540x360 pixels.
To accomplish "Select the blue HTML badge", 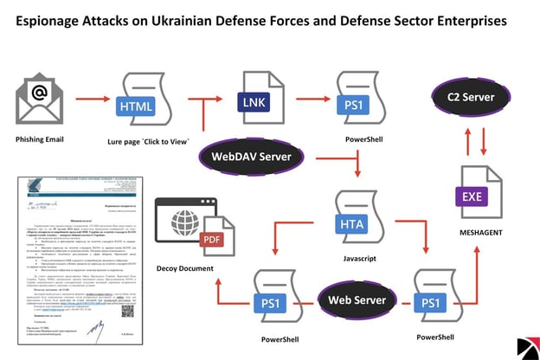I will point(138,107).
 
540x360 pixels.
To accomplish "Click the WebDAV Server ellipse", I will point(251,157).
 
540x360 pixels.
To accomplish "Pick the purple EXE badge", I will point(472,196).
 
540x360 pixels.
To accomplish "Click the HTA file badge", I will point(352,224).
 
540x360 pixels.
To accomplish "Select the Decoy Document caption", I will point(185,268).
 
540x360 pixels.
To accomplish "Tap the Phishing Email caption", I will point(42,139).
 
